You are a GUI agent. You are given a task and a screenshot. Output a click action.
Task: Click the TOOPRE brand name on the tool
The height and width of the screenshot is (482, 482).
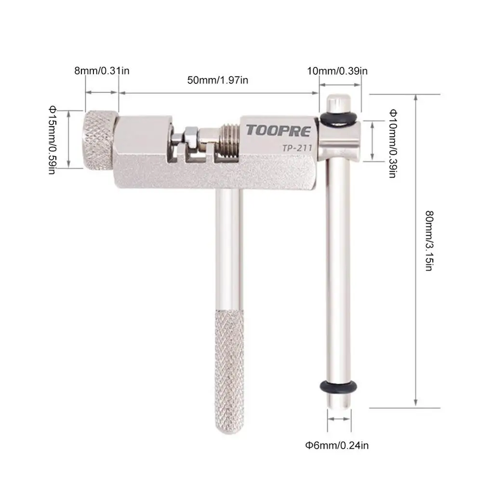[279, 131]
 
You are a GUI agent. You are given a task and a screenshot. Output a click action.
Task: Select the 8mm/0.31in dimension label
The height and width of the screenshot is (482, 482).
[102, 70]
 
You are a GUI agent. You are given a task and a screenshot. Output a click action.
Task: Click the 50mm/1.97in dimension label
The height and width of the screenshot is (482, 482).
[218, 80]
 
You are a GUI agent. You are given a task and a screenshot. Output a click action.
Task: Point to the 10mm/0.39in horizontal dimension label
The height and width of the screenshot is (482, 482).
[337, 70]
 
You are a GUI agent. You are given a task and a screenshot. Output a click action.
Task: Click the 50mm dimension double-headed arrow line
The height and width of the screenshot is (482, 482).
[218, 93]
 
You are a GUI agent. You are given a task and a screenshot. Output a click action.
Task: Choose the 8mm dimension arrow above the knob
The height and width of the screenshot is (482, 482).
[102, 93]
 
